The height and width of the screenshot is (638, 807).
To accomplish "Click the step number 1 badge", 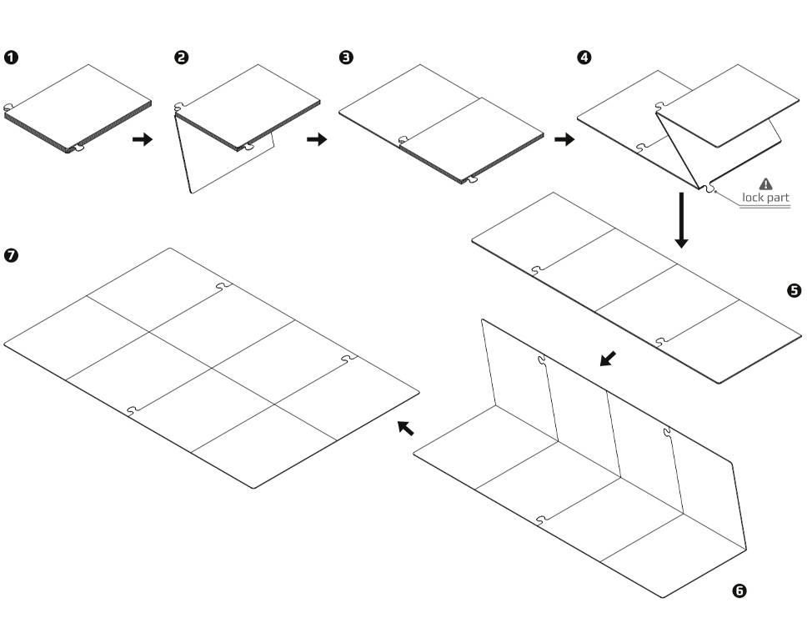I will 12,58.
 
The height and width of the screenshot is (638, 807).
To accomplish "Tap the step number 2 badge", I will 182,58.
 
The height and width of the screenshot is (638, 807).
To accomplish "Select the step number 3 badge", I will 347,58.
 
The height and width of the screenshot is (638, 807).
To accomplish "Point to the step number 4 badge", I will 584,58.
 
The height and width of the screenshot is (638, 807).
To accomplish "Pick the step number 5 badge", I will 794,290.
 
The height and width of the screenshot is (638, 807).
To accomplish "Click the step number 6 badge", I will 739,591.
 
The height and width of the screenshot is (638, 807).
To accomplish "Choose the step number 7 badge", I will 12,256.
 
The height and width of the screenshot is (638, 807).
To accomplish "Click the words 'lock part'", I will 765,198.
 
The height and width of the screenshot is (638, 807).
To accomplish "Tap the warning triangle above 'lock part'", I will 765,183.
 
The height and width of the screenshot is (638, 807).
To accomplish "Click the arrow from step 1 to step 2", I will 143,139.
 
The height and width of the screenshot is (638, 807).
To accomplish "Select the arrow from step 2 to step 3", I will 317,139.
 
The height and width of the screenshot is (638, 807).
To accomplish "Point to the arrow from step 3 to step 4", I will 564,139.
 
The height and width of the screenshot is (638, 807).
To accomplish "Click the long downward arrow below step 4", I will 681,220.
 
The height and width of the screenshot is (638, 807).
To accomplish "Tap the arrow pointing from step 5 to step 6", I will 609,359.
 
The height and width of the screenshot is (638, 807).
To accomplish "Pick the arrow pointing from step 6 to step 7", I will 405,428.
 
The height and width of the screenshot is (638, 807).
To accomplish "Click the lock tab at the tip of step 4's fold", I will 709,190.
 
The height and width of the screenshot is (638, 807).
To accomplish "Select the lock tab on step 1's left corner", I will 8,107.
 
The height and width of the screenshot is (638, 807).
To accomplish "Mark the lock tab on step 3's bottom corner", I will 471,178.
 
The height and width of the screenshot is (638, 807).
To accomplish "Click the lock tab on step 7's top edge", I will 223,286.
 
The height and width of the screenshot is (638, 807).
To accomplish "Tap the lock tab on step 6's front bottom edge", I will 542,520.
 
